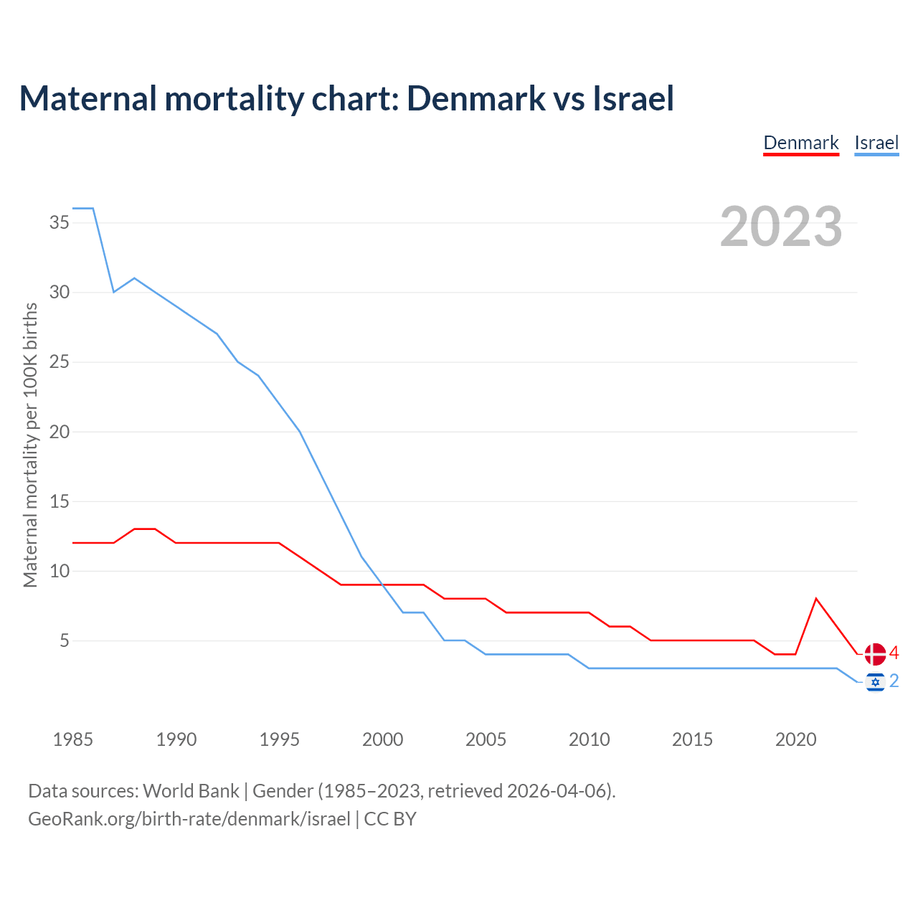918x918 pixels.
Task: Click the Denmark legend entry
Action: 800,143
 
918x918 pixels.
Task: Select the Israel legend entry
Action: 876,143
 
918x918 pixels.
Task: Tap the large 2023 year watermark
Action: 781,227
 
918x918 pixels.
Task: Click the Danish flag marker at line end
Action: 875,654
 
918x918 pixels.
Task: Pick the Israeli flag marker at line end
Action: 875,682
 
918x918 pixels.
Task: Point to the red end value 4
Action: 894,653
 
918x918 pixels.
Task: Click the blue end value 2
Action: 894,681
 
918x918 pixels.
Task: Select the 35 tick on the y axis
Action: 60,222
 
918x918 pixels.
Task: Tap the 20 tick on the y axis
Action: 60,432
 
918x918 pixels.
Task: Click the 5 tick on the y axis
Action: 65,640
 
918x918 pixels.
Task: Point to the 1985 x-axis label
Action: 73,739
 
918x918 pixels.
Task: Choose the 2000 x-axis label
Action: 382,739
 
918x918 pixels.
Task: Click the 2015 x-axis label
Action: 692,739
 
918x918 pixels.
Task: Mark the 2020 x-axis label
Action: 795,739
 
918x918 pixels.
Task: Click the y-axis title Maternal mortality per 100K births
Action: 30,445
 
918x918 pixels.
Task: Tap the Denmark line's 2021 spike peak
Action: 816,598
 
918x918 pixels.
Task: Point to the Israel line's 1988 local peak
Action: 134,278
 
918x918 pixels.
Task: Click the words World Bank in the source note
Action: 191,791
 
